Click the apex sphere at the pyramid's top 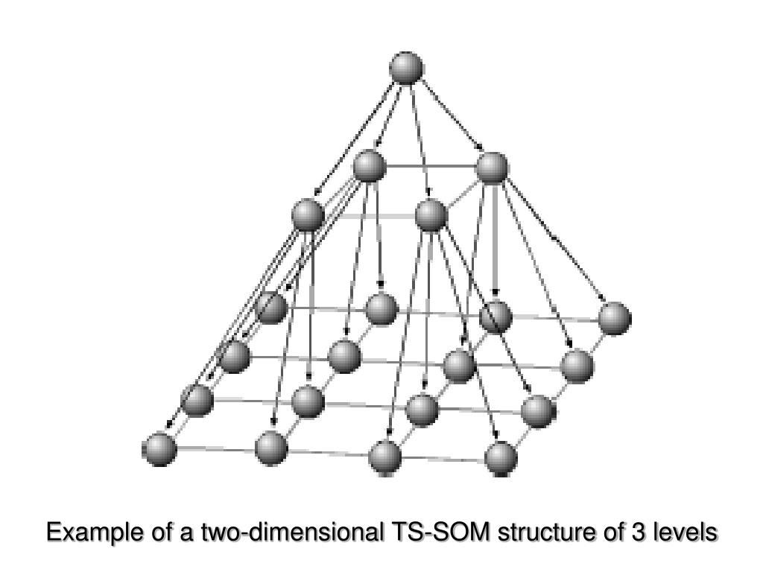pyautogui.click(x=406, y=69)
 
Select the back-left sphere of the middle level pyautogui.click(x=370, y=166)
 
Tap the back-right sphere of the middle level pyautogui.click(x=492, y=168)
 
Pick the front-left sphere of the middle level pyautogui.click(x=308, y=215)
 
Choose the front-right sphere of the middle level pyautogui.click(x=431, y=215)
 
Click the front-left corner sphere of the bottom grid pyautogui.click(x=159, y=450)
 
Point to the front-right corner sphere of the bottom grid pyautogui.click(x=501, y=457)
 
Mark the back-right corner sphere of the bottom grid pyautogui.click(x=614, y=318)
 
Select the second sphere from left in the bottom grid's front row pyautogui.click(x=271, y=448)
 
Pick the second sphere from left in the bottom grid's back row pyautogui.click(x=381, y=308)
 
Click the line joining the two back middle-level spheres pyautogui.click(x=431, y=167)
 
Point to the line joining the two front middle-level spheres pyautogui.click(x=369, y=215)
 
